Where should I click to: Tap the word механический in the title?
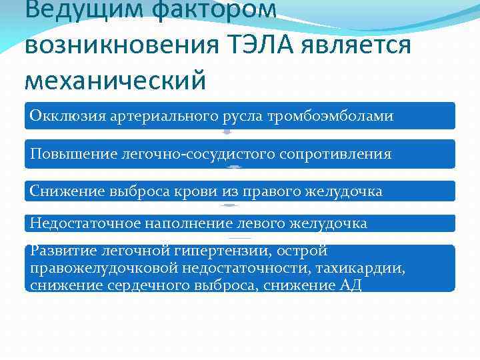115,80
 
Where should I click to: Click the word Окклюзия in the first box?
62,116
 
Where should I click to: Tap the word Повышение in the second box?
73,154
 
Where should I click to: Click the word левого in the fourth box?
259,223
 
